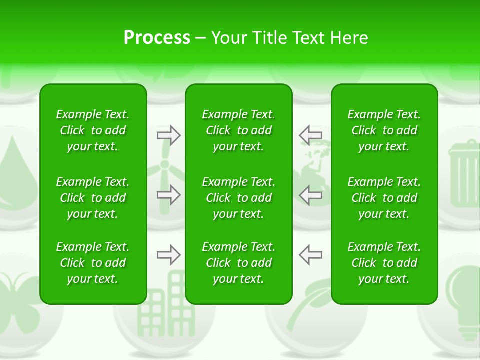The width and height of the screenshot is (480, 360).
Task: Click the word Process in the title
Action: (157, 38)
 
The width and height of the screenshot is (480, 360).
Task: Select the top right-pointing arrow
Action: (169, 135)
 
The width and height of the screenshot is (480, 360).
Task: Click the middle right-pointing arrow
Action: (169, 195)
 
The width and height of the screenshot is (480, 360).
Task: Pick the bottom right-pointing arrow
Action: (169, 255)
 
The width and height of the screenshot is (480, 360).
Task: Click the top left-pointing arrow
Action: (310, 135)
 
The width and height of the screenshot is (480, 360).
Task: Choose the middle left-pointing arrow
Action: (310, 195)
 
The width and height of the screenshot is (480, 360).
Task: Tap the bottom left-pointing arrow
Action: (310, 255)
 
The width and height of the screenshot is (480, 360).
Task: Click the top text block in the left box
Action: (93, 130)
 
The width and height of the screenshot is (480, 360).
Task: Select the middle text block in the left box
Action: (93, 198)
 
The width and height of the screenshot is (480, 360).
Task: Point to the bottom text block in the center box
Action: (238, 263)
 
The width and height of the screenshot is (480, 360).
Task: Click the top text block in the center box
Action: (238, 130)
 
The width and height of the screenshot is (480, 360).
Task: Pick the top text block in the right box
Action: (384, 130)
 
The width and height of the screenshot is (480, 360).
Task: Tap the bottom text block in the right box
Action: (384, 263)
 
